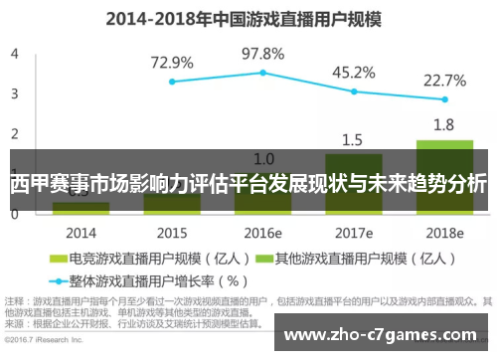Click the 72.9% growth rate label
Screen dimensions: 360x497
click(172, 63)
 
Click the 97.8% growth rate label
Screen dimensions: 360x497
click(263, 53)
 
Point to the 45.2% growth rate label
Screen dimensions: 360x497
click(353, 72)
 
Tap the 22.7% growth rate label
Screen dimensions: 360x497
click(444, 81)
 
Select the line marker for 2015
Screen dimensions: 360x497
click(172, 82)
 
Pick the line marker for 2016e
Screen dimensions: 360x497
click(263, 73)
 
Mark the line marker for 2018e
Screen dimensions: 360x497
click(444, 99)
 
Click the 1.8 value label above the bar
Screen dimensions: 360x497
click(444, 125)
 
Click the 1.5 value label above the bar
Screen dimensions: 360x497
click(353, 139)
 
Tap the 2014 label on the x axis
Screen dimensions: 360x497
click(81, 233)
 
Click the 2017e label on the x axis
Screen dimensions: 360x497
click(353, 233)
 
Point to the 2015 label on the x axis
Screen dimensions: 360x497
click(172, 233)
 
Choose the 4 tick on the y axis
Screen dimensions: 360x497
click(14, 54)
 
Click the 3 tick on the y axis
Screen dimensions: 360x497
click(14, 93)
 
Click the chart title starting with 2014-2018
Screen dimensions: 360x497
click(248, 17)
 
